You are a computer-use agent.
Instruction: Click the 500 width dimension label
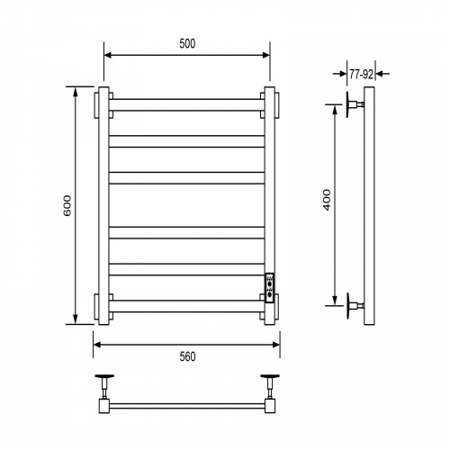pos(187,44)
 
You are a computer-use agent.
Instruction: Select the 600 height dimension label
pos(67,205)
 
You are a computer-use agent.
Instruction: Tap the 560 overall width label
pos(187,356)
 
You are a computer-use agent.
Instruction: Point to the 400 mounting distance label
pos(327,200)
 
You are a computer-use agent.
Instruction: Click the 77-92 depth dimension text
pos(361,75)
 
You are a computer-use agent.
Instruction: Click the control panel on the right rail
pos(269,288)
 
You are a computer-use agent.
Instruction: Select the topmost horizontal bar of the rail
pos(186,105)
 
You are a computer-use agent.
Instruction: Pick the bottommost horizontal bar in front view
pos(186,306)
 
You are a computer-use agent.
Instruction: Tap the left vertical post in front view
pos(103,206)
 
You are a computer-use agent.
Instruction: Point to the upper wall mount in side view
pos(355,104)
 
